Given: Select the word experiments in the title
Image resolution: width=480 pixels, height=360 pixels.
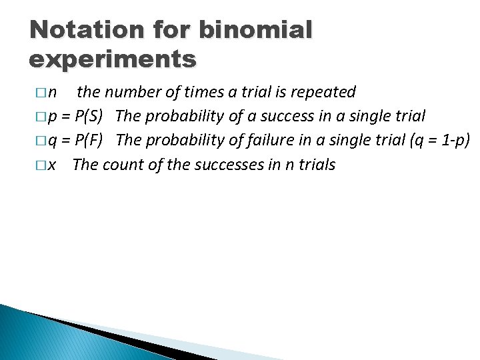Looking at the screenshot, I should tap(113, 59).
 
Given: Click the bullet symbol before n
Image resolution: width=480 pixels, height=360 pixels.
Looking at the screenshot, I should tap(42, 92).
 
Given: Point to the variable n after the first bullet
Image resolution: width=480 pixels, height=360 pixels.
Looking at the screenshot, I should tap(53, 92).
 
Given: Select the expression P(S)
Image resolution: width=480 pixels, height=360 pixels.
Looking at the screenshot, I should tap(89, 116).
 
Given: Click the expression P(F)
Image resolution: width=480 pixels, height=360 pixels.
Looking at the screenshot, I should tap(89, 140).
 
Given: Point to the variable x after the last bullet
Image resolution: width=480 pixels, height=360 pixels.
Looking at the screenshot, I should tap(52, 164).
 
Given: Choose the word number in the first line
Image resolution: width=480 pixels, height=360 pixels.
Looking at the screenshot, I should tap(129, 92).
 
